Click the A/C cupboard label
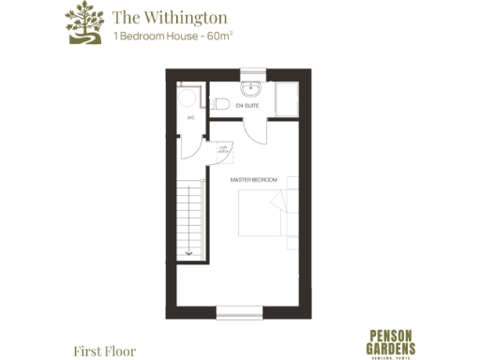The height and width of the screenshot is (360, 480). pyautogui.click(x=190, y=118)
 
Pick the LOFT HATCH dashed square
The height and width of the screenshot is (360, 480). pyautogui.click(x=225, y=150)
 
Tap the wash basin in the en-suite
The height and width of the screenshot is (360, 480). pyautogui.click(x=251, y=90)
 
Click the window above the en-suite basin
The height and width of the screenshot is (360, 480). pyautogui.click(x=252, y=73)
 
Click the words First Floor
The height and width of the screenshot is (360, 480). pyautogui.click(x=104, y=351)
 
